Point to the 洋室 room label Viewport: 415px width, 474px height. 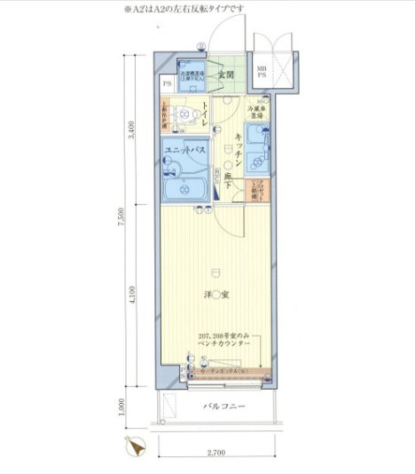coord(215,295)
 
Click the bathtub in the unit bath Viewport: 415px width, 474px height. coord(185,188)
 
